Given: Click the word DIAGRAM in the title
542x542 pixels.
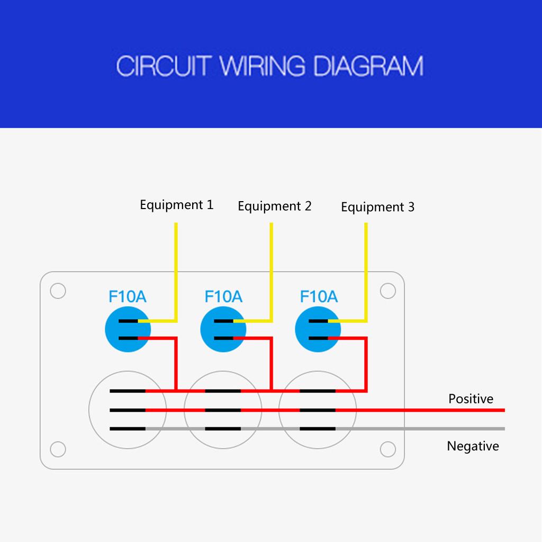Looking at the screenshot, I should point(368,67).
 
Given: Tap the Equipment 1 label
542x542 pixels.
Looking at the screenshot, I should point(176,205).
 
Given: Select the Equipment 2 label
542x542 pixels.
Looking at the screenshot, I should point(274,206).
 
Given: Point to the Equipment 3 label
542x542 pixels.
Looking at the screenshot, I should point(377,207).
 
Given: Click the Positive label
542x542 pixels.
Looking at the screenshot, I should point(471,399).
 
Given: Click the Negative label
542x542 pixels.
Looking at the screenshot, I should point(473,446).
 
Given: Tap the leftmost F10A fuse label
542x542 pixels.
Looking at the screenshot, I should point(127,296).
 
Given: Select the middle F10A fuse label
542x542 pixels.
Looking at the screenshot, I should point(223,296).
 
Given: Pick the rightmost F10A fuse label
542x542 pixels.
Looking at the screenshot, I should point(319,296).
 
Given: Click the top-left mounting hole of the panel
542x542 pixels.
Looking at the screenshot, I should point(58,291).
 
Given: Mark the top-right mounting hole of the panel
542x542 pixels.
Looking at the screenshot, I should point(388,291).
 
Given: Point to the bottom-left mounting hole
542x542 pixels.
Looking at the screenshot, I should point(58,449).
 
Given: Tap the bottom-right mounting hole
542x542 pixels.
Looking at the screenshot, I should point(388,449).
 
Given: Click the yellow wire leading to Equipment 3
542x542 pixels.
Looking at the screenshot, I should point(366,265).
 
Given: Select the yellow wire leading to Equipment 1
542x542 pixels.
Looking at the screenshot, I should point(176,265).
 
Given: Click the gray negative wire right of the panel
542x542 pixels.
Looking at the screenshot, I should point(455,429).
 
